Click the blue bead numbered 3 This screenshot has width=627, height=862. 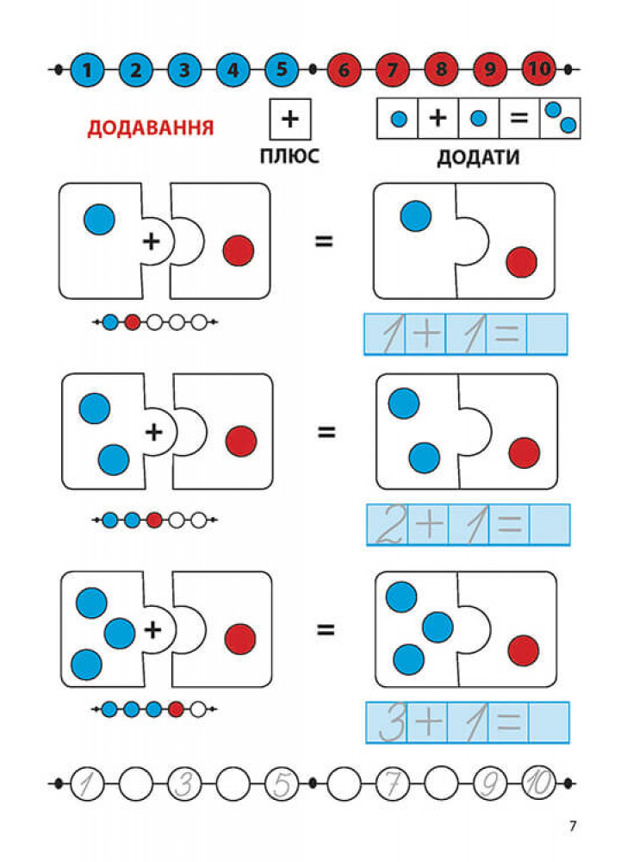pyautogui.click(x=184, y=70)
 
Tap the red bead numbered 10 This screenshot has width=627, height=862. pyautogui.click(x=539, y=69)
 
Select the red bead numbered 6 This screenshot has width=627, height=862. pyautogui.click(x=344, y=70)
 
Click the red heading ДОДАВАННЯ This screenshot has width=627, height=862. pyautogui.click(x=151, y=128)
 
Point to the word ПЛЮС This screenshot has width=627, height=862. pyautogui.click(x=289, y=156)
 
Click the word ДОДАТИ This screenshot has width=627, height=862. pyautogui.click(x=478, y=157)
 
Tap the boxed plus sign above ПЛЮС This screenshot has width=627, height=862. pyautogui.click(x=290, y=119)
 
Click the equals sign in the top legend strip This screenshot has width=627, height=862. pyautogui.click(x=518, y=117)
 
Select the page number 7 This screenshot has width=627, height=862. pyautogui.click(x=573, y=826)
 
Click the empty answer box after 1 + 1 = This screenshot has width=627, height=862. pyautogui.click(x=547, y=334)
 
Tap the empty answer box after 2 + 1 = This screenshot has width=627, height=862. pyautogui.click(x=549, y=524)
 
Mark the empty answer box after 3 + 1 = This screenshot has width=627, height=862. pyautogui.click(x=549, y=722)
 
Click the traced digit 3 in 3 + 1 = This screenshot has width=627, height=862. pyautogui.click(x=392, y=722)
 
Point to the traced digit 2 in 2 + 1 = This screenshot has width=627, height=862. pyautogui.click(x=391, y=524)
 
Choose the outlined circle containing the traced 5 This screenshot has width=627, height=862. pyautogui.click(x=282, y=784)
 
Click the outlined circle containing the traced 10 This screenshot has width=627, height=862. pyautogui.click(x=539, y=784)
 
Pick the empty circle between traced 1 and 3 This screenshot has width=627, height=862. pyautogui.click(x=135, y=784)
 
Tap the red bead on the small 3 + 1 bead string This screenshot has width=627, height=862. pyautogui.click(x=176, y=709)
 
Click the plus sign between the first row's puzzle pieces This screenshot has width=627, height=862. pyautogui.click(x=151, y=240)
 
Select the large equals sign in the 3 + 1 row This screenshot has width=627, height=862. pyautogui.click(x=326, y=629)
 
